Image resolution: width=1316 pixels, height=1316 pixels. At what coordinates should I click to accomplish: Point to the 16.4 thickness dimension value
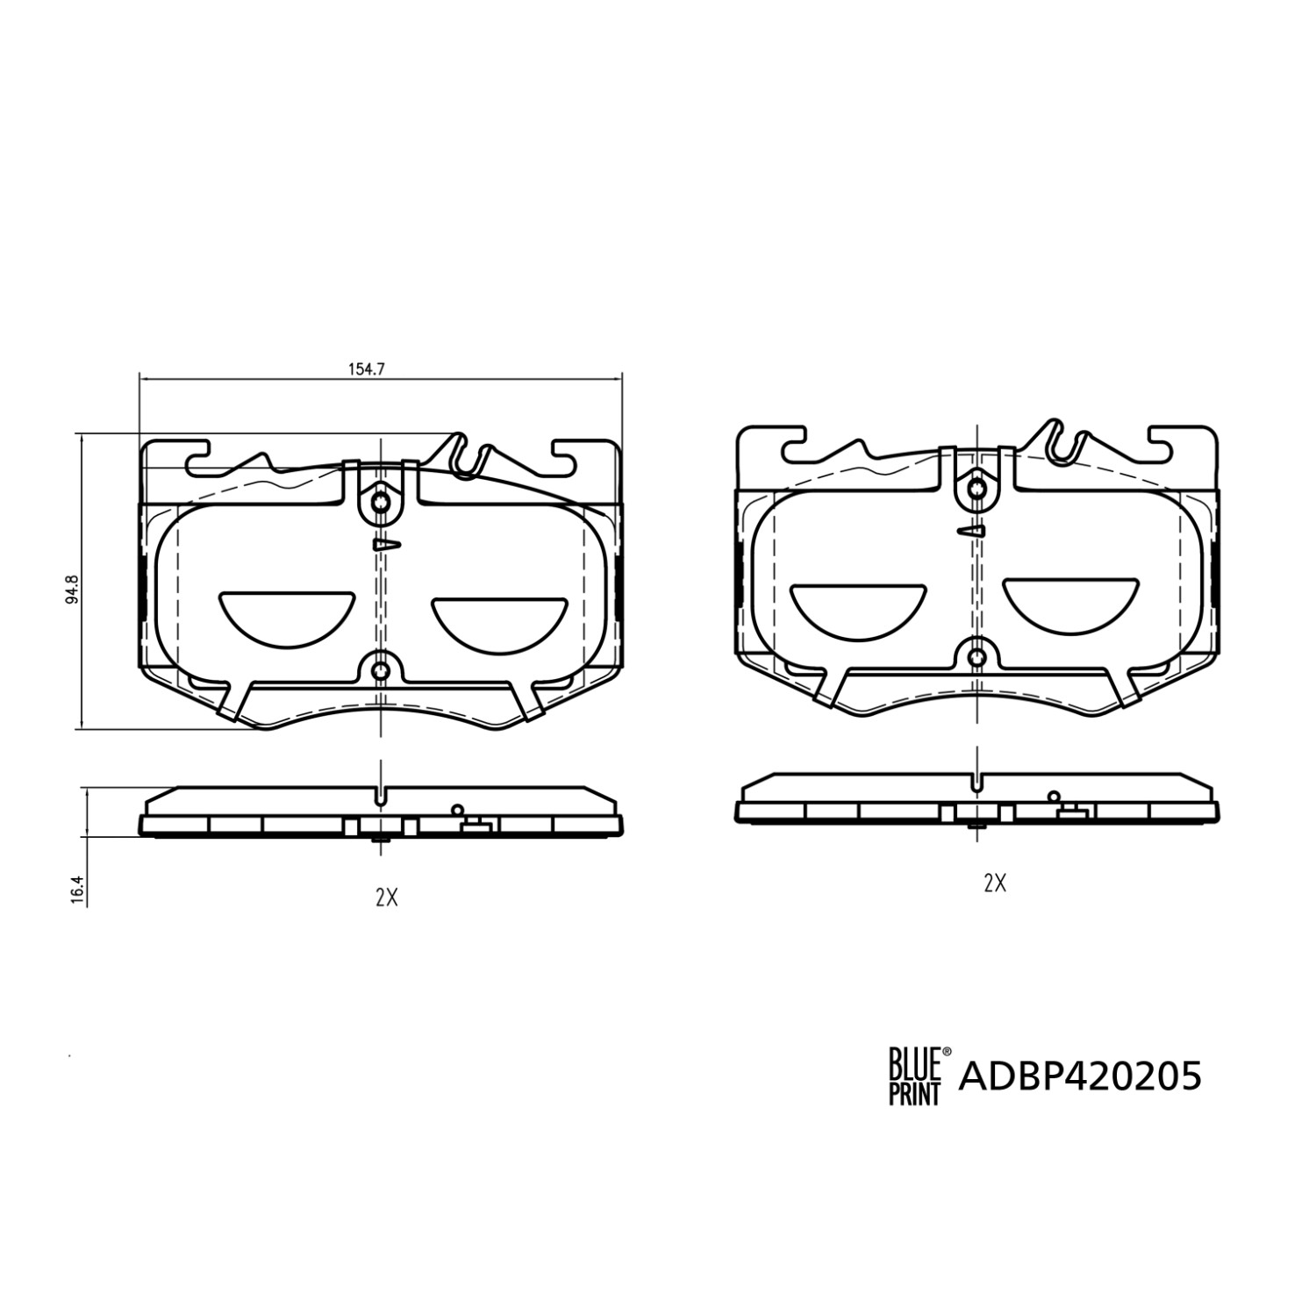tap(77, 889)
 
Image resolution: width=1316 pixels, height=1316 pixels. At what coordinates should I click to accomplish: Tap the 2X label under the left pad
tap(386, 897)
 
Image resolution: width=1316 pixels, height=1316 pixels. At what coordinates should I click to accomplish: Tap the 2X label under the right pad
tap(994, 883)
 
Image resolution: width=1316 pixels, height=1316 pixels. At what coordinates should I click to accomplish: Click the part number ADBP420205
tap(1081, 1076)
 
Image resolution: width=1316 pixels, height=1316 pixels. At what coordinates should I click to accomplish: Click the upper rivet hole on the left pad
tap(380, 503)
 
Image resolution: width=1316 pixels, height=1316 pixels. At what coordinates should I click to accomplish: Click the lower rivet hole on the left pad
tap(380, 670)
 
